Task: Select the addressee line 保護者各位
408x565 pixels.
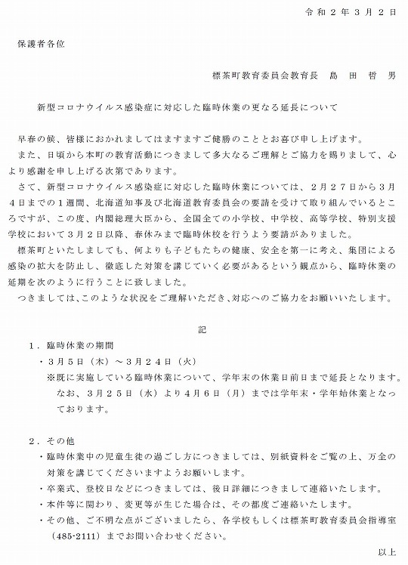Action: pyautogui.click(x=42, y=44)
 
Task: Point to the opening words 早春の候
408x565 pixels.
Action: pyautogui.click(x=35, y=140)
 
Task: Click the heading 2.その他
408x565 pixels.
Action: pyautogui.click(x=52, y=440)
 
